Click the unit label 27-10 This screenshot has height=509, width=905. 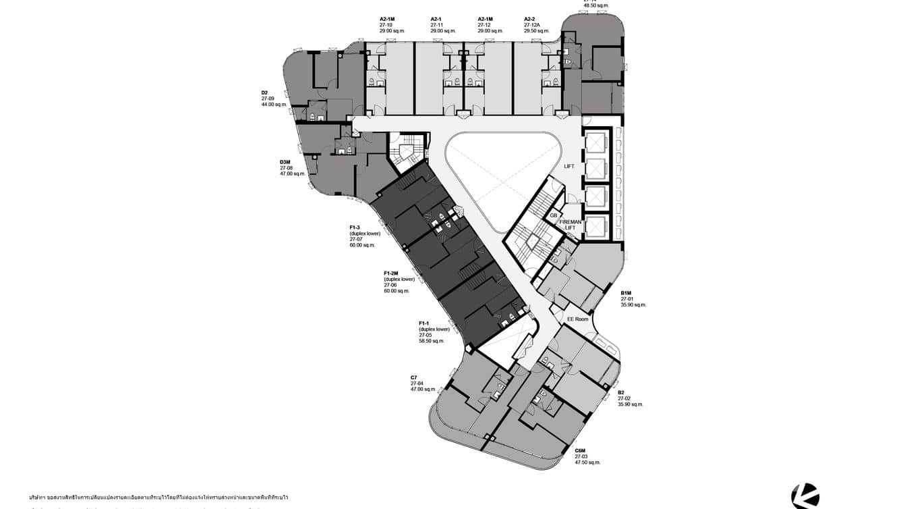(386, 25)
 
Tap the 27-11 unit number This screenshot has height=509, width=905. (437, 25)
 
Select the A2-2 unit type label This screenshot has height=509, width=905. (530, 19)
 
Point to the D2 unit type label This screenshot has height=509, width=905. (265, 92)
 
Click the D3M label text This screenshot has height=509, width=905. (285, 162)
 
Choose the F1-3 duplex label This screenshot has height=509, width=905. (355, 227)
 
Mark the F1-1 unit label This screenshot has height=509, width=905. (426, 324)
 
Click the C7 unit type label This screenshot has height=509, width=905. (414, 377)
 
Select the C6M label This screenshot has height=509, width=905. (580, 450)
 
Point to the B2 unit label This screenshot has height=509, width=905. (621, 392)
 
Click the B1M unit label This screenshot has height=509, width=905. (626, 293)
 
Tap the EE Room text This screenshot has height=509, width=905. (577, 319)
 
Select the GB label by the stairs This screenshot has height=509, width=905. (553, 215)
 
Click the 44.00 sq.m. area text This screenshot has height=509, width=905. (274, 105)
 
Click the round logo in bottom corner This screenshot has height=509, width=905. (805, 496)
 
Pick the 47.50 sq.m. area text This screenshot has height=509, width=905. (587, 462)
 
